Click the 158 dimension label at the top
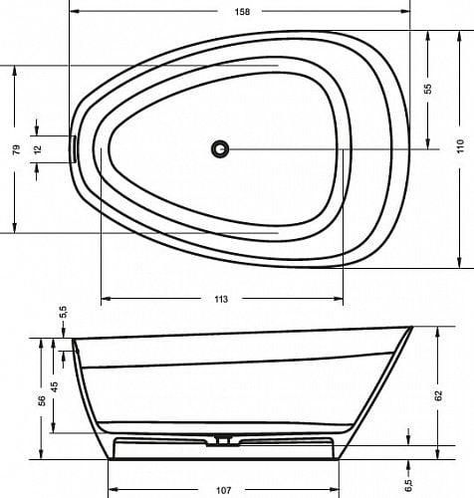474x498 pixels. tap(242, 12)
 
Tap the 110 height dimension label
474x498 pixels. tap(460, 146)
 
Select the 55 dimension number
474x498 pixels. tap(428, 89)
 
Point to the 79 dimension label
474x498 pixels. tap(16, 149)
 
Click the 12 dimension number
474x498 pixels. tap(38, 149)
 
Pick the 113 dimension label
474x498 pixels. tap(221, 299)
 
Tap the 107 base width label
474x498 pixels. tap(223, 490)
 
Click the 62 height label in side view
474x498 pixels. tap(438, 395)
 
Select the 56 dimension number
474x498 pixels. tap(42, 400)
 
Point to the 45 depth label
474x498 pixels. tap(54, 386)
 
